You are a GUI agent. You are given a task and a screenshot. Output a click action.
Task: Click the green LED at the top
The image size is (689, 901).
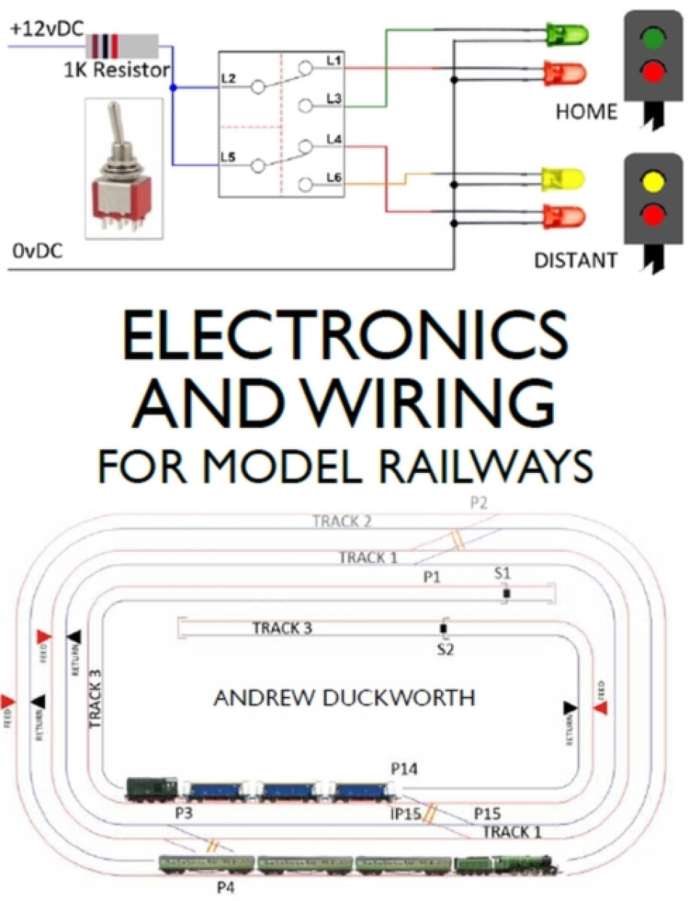tap(567, 34)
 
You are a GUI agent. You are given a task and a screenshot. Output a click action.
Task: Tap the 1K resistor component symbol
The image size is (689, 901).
tap(123, 47)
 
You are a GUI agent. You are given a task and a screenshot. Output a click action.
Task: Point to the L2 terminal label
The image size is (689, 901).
tap(229, 78)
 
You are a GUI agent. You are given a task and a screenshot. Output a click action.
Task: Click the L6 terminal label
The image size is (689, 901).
tap(334, 177)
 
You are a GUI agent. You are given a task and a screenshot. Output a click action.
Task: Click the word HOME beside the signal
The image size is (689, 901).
tap(586, 113)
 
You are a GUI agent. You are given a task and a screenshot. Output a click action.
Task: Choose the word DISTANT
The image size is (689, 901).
tap(576, 261)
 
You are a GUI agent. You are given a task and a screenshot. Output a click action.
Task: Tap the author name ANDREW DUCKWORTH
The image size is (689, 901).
tap(344, 698)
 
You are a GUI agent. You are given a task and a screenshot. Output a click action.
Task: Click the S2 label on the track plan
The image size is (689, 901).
tap(446, 649)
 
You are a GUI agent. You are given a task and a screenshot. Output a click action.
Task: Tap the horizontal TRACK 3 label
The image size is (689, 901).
tap(282, 628)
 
